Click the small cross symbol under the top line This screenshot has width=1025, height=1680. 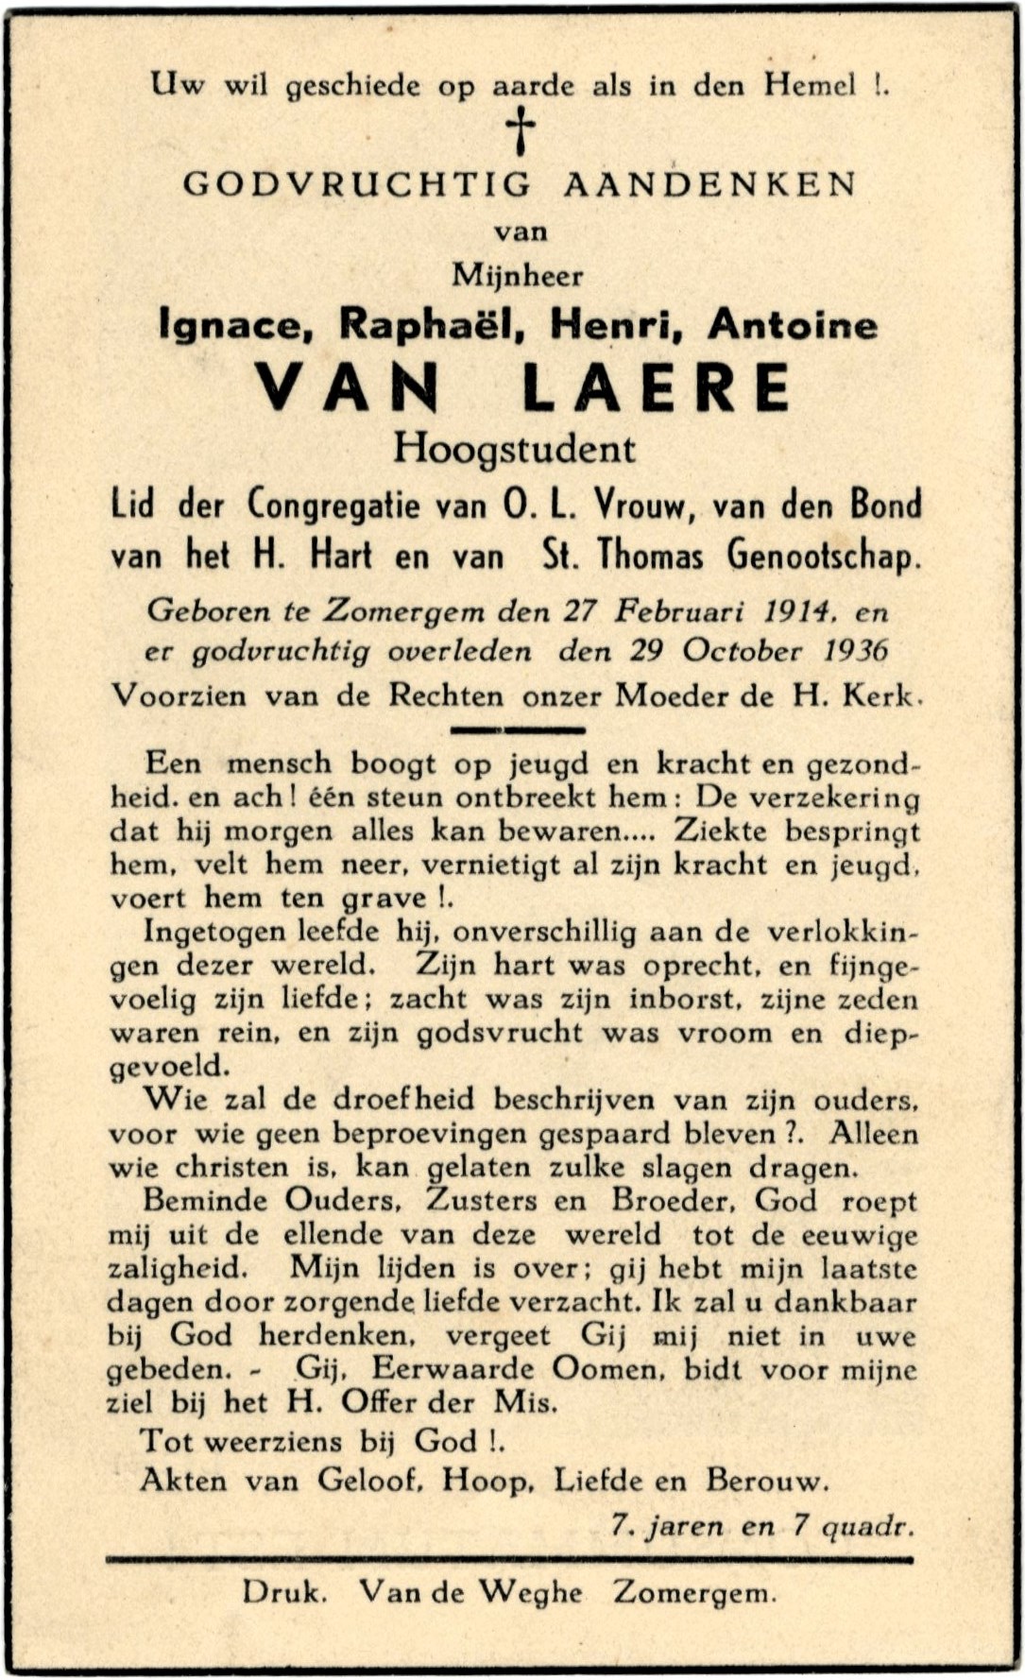pyautogui.click(x=520, y=130)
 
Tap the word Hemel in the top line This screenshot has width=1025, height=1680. pyautogui.click(x=810, y=86)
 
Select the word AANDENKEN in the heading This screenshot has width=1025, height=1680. pyautogui.click(x=710, y=183)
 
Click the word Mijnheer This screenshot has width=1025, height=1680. pyautogui.click(x=518, y=276)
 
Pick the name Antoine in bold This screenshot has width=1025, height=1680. pyautogui.click(x=793, y=325)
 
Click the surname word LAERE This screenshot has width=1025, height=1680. pyautogui.click(x=657, y=387)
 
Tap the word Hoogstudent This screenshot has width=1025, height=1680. pyautogui.click(x=515, y=448)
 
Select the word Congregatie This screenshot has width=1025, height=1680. pyautogui.click(x=333, y=506)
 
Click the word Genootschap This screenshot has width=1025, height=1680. pyautogui.click(x=824, y=556)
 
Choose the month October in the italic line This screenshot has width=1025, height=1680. pyautogui.click(x=743, y=651)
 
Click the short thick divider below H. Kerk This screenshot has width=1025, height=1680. pyautogui.click(x=518, y=729)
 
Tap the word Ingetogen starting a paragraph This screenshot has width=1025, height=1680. pyautogui.click(x=214, y=933)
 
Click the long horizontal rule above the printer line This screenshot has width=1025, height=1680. pyautogui.click(x=510, y=1560)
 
